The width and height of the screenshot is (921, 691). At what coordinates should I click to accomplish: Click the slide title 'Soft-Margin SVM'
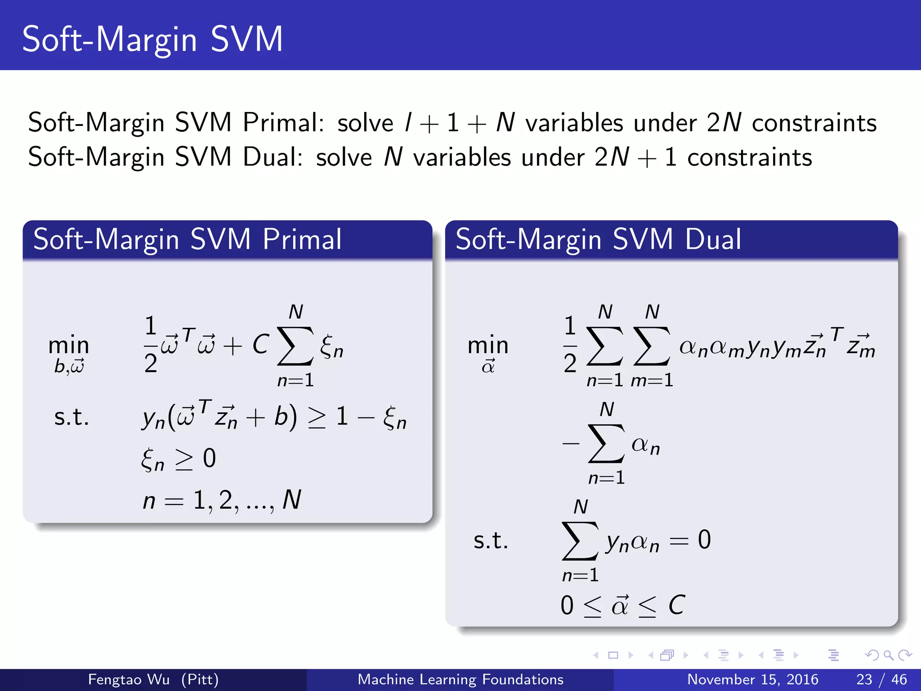(x=152, y=40)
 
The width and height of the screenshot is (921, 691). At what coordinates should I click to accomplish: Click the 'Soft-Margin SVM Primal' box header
(x=187, y=239)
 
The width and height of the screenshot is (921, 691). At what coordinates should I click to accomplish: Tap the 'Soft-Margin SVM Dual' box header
(x=598, y=239)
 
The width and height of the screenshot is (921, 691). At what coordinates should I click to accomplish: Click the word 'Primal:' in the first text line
(x=283, y=122)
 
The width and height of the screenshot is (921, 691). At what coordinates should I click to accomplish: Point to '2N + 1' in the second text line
(x=635, y=157)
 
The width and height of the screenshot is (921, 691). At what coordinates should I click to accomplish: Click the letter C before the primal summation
(x=260, y=345)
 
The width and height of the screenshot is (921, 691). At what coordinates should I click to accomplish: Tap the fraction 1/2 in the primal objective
(x=151, y=345)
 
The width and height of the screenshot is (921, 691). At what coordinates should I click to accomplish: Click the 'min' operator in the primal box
(x=69, y=345)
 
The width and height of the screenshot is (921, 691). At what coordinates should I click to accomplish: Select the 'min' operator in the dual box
(x=488, y=345)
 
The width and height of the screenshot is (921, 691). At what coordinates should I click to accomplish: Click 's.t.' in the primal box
(x=72, y=417)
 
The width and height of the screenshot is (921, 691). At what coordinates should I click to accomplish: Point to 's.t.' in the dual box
(x=491, y=540)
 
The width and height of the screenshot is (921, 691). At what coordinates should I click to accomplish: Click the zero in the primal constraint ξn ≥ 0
(x=210, y=458)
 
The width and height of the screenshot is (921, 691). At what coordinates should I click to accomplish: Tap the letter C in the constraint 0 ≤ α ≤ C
(x=676, y=605)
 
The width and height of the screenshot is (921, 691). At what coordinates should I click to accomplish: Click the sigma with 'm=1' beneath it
(x=652, y=346)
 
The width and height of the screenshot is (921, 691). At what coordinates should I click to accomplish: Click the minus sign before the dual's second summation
(x=570, y=444)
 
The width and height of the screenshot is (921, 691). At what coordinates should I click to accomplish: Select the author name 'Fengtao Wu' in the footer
(x=129, y=679)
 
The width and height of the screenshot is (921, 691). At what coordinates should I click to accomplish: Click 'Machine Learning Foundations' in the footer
(x=460, y=679)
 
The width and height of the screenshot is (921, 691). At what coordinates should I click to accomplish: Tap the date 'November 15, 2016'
(x=752, y=679)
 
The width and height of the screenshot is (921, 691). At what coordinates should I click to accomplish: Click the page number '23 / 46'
(x=881, y=679)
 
